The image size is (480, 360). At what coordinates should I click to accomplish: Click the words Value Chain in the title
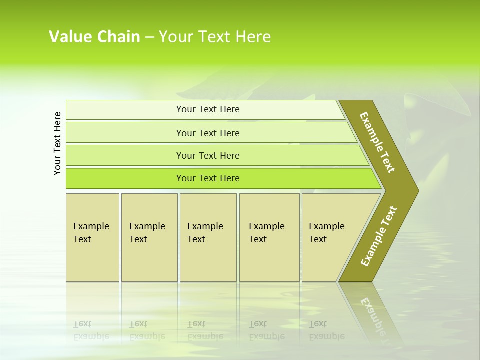pyautogui.click(x=94, y=37)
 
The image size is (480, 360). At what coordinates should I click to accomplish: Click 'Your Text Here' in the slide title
pyautogui.click(x=215, y=37)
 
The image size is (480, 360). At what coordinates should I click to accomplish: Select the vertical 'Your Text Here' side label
pyautogui.click(x=58, y=143)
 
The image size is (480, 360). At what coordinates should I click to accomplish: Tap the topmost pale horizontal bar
pyautogui.click(x=125, y=110)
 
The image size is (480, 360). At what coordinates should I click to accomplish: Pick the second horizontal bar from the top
pyautogui.click(x=125, y=133)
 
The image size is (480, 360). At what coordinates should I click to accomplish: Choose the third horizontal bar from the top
pyautogui.click(x=125, y=155)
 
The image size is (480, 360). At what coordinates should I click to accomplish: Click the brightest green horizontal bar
pyautogui.click(x=125, y=178)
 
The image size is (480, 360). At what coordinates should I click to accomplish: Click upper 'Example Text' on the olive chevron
pyautogui.click(x=377, y=142)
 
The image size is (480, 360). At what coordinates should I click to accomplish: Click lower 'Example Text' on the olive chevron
pyautogui.click(x=379, y=236)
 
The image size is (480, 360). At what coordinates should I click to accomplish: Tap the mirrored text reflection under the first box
pyautogui.click(x=91, y=330)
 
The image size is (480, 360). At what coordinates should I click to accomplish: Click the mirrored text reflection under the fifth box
pyautogui.click(x=326, y=330)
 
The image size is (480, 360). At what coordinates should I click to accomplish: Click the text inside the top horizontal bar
pyautogui.click(x=208, y=109)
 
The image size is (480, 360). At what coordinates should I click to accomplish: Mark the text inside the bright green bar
pyautogui.click(x=208, y=178)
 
